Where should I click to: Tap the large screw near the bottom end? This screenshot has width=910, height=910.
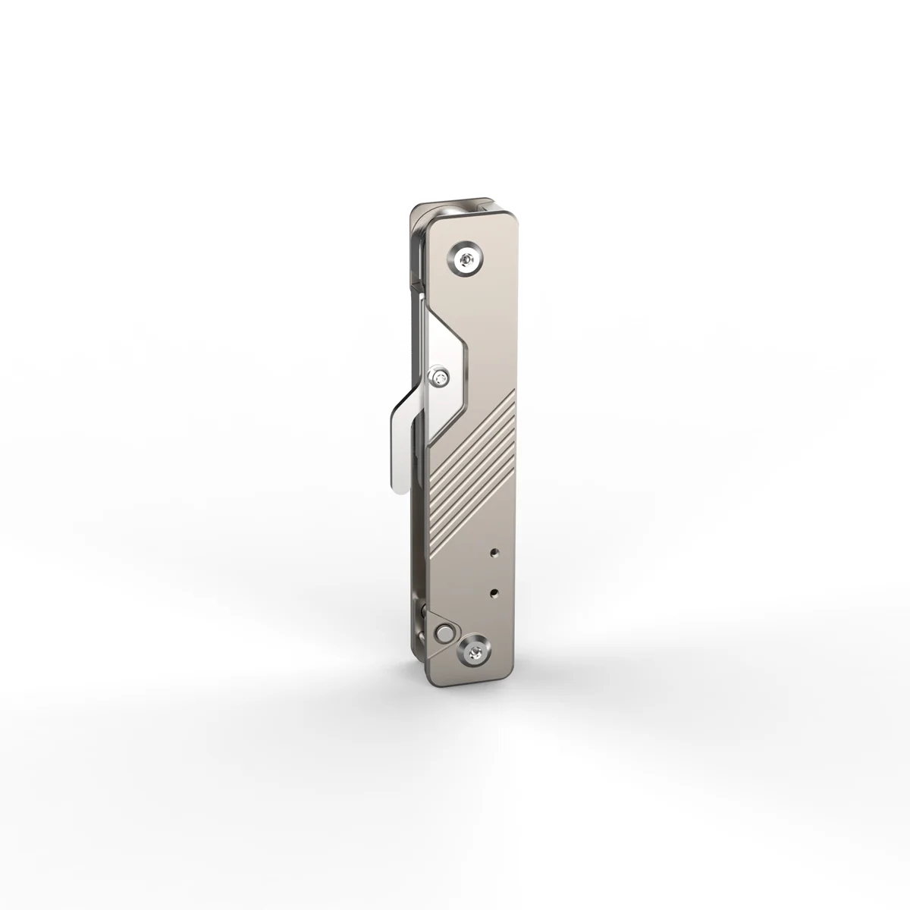(475, 649)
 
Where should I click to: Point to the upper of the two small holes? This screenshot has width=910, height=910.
(494, 554)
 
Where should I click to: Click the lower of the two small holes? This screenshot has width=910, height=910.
(494, 589)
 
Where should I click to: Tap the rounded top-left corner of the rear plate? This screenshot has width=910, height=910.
(414, 211)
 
